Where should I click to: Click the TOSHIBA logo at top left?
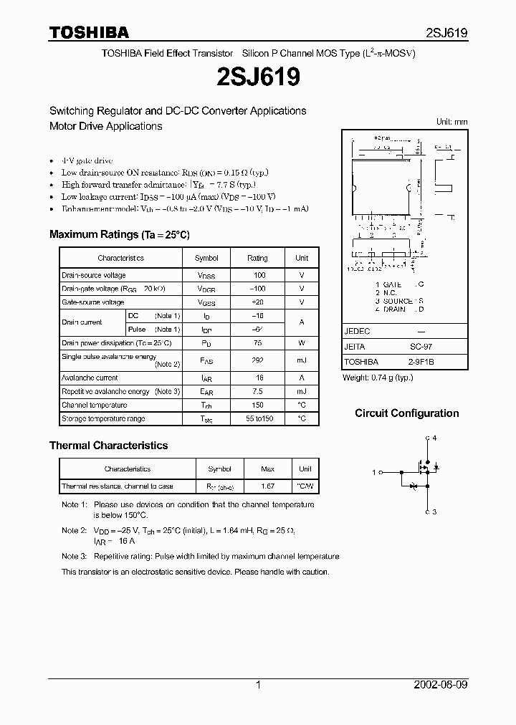(89, 33)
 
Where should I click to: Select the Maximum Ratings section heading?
(119, 235)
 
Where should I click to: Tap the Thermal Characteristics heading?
(108, 446)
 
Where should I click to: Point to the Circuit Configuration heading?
(407, 413)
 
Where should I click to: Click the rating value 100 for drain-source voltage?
(259, 275)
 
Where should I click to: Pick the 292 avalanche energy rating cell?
(258, 360)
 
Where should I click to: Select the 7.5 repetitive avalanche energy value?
(258, 392)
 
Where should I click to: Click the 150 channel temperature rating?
(258, 405)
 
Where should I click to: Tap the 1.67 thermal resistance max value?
(267, 486)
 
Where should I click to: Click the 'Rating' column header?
(257, 258)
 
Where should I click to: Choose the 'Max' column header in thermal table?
(267, 469)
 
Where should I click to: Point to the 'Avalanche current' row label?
(90, 378)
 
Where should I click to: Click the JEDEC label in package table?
(357, 332)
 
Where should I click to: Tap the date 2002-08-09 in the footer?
(441, 685)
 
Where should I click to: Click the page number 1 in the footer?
(258, 685)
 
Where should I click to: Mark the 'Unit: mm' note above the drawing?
(452, 123)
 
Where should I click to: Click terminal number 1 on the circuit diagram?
(373, 473)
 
